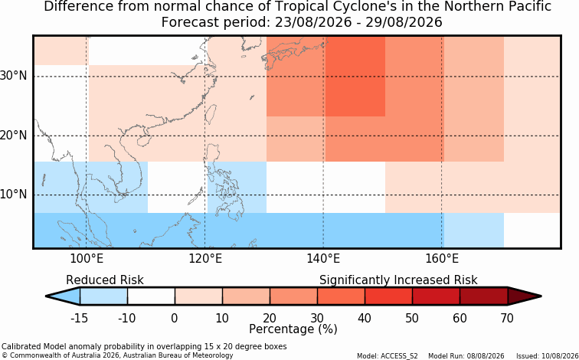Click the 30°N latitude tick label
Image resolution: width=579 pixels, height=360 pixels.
point(14,77)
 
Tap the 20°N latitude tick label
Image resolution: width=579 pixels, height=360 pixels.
point(14,136)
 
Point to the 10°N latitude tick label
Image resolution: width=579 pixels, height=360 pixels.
point(14,195)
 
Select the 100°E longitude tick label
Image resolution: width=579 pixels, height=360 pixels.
point(87,259)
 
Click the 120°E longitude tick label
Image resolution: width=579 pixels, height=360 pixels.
point(205,259)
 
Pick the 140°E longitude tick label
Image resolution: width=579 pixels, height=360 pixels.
point(323,259)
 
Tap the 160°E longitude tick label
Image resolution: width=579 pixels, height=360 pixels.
point(442,259)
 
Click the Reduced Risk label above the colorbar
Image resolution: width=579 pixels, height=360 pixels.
point(105,280)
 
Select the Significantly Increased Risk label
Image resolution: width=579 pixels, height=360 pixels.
point(398,280)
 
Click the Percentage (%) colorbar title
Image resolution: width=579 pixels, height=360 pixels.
point(293,329)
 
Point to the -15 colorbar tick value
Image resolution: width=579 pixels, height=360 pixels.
point(79,318)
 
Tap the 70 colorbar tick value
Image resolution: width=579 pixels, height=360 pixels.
point(507,318)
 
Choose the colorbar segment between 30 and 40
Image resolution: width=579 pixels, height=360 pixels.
point(341,296)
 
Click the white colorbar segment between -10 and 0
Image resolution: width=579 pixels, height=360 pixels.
point(151,296)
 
